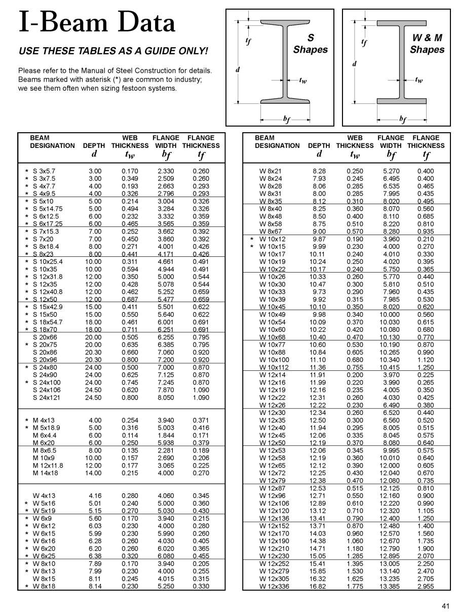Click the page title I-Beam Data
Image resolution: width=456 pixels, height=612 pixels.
[x=97, y=23]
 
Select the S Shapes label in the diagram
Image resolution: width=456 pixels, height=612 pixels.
[x=310, y=44]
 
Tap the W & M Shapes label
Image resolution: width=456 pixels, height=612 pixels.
[x=427, y=44]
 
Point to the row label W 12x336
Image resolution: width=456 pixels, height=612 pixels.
[x=274, y=587]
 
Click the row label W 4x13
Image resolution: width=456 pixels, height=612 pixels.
[x=44, y=495]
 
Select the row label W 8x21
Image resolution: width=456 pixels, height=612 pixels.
[x=271, y=171]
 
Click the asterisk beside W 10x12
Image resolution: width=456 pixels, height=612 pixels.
[x=252, y=239]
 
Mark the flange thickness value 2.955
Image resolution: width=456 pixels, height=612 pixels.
[x=426, y=587]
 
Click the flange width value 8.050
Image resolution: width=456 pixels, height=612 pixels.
[x=166, y=398]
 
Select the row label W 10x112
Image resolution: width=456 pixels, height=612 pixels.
[x=274, y=368]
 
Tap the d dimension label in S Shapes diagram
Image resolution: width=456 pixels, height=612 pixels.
[x=237, y=69]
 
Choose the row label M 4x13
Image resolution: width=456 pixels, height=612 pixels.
[x=44, y=420]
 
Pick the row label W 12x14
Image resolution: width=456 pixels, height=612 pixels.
[x=273, y=375]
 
